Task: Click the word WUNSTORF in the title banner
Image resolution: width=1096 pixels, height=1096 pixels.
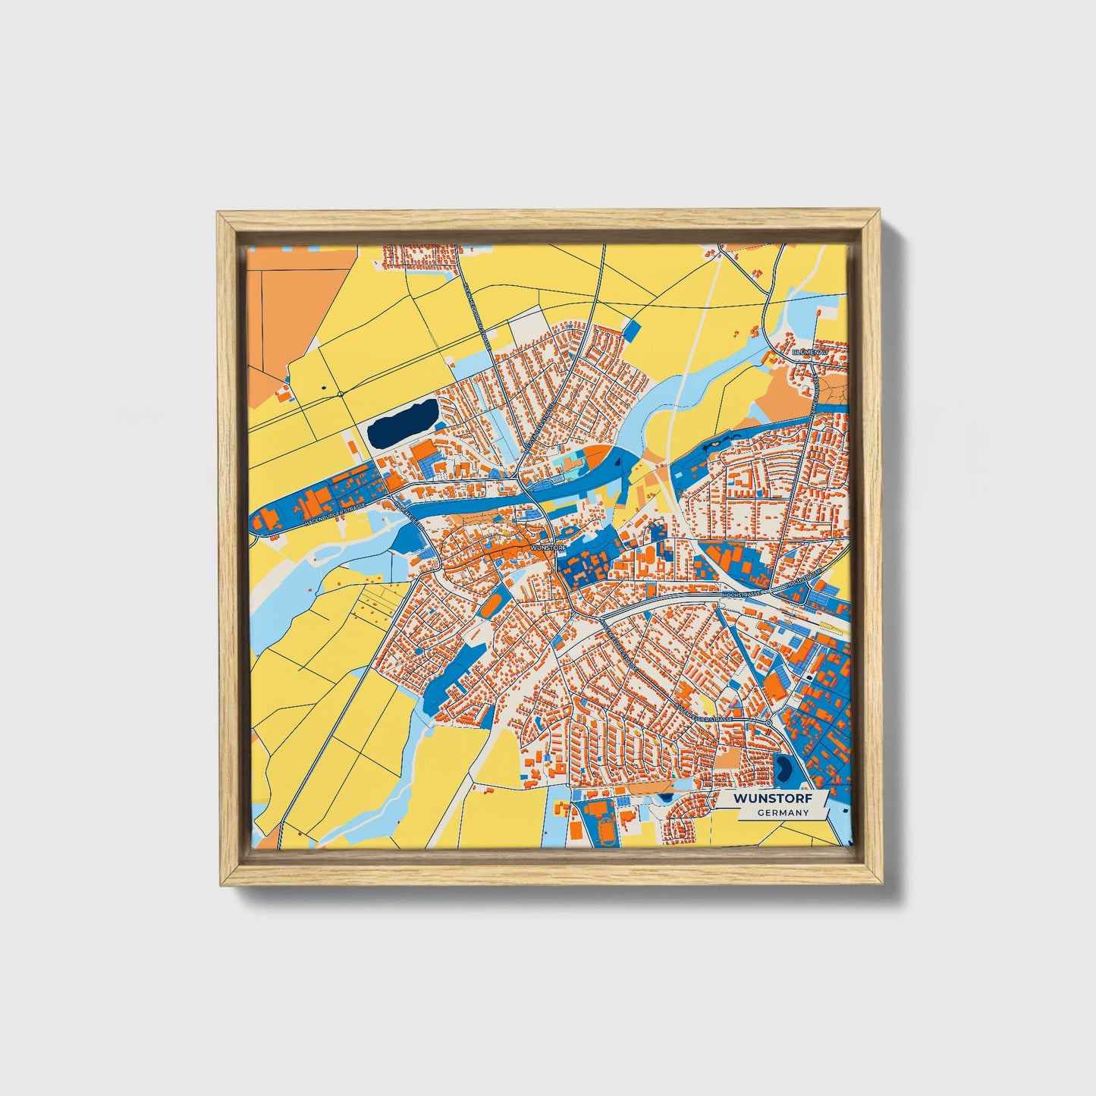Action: (x=771, y=799)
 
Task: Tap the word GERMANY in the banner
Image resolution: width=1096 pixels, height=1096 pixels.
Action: (x=783, y=813)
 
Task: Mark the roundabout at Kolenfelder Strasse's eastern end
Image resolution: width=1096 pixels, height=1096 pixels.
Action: (x=769, y=724)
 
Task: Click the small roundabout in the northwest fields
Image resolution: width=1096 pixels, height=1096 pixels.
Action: (x=341, y=394)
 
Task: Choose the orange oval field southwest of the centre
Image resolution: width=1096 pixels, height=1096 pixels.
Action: (x=491, y=605)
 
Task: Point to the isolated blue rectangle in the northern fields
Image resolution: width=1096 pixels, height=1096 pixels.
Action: (x=633, y=331)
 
